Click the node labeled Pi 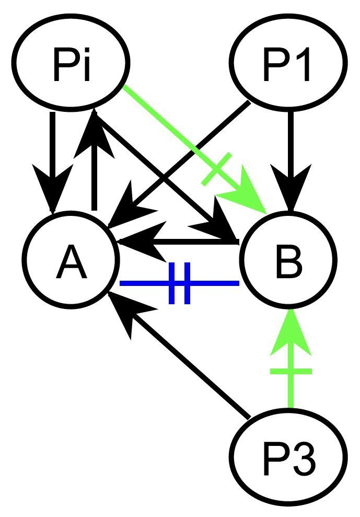(71, 63)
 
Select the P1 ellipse (289, 63)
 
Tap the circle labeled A (71, 260)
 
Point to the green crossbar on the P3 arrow (291, 371)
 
